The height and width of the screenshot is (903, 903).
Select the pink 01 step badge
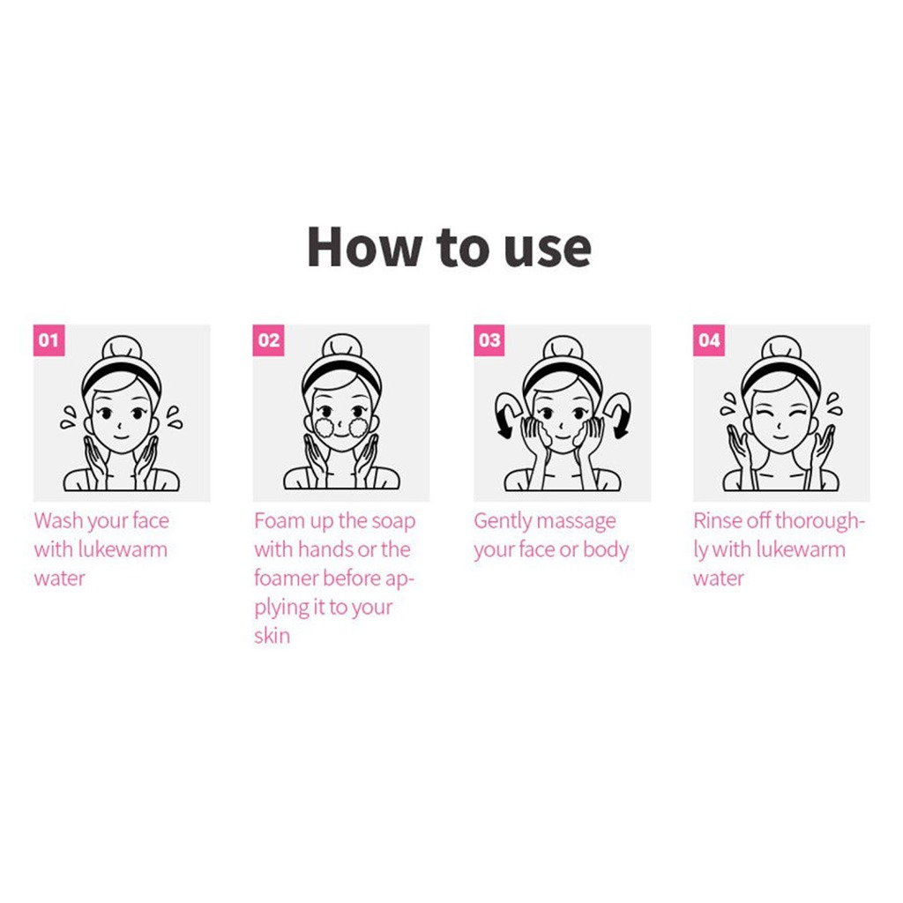pyautogui.click(x=49, y=340)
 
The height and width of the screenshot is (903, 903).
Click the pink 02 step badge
pyautogui.click(x=269, y=340)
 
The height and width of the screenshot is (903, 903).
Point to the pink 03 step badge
pyautogui.click(x=489, y=340)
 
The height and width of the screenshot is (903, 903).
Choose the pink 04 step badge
pyautogui.click(x=709, y=340)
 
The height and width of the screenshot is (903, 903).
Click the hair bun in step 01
pyautogui.click(x=121, y=347)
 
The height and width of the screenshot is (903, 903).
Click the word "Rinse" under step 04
pyautogui.click(x=718, y=521)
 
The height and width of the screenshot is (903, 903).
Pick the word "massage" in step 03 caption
pyautogui.click(x=577, y=522)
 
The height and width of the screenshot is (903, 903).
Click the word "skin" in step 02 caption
pyautogui.click(x=272, y=636)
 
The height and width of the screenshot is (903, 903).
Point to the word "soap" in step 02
pyautogui.click(x=393, y=522)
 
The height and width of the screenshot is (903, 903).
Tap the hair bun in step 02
pyautogui.click(x=341, y=347)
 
